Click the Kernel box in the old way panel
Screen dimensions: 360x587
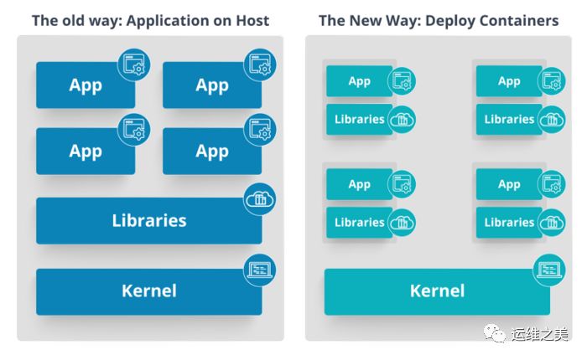click(x=148, y=291)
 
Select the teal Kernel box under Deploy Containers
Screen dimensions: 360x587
click(x=436, y=291)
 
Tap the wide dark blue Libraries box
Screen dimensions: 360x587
click(x=148, y=221)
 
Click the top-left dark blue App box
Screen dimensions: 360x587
click(x=85, y=85)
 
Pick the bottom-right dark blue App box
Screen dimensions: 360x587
click(x=211, y=152)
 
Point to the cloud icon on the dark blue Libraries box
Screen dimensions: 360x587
click(x=257, y=199)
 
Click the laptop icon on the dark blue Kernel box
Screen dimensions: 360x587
click(x=257, y=270)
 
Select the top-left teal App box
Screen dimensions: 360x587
click(x=359, y=81)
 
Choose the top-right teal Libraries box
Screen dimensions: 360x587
click(x=509, y=119)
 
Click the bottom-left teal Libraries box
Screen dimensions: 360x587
click(x=359, y=222)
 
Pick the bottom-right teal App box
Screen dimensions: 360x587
click(x=509, y=184)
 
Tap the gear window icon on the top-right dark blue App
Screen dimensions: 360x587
click(x=260, y=64)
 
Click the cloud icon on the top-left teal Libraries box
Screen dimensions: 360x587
click(x=402, y=120)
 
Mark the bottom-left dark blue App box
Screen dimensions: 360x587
click(x=85, y=152)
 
